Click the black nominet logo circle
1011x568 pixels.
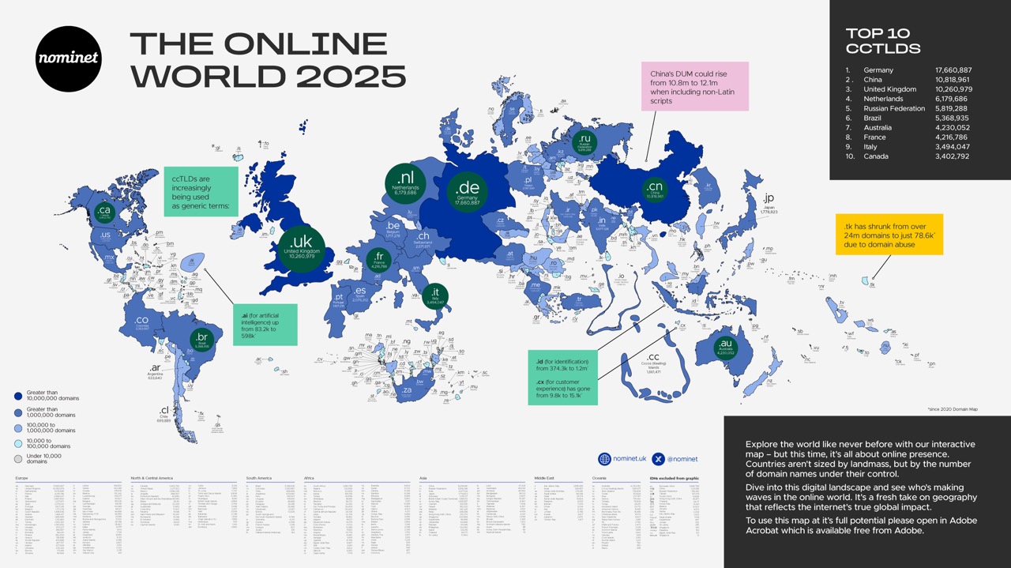click(69, 59)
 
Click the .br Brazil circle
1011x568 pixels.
click(202, 340)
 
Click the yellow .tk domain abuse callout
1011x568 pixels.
click(889, 234)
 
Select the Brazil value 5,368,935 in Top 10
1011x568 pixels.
click(953, 118)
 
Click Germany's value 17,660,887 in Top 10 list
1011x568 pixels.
click(953, 70)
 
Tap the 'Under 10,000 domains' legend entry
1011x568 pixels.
click(43, 458)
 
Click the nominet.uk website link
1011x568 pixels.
click(623, 458)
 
